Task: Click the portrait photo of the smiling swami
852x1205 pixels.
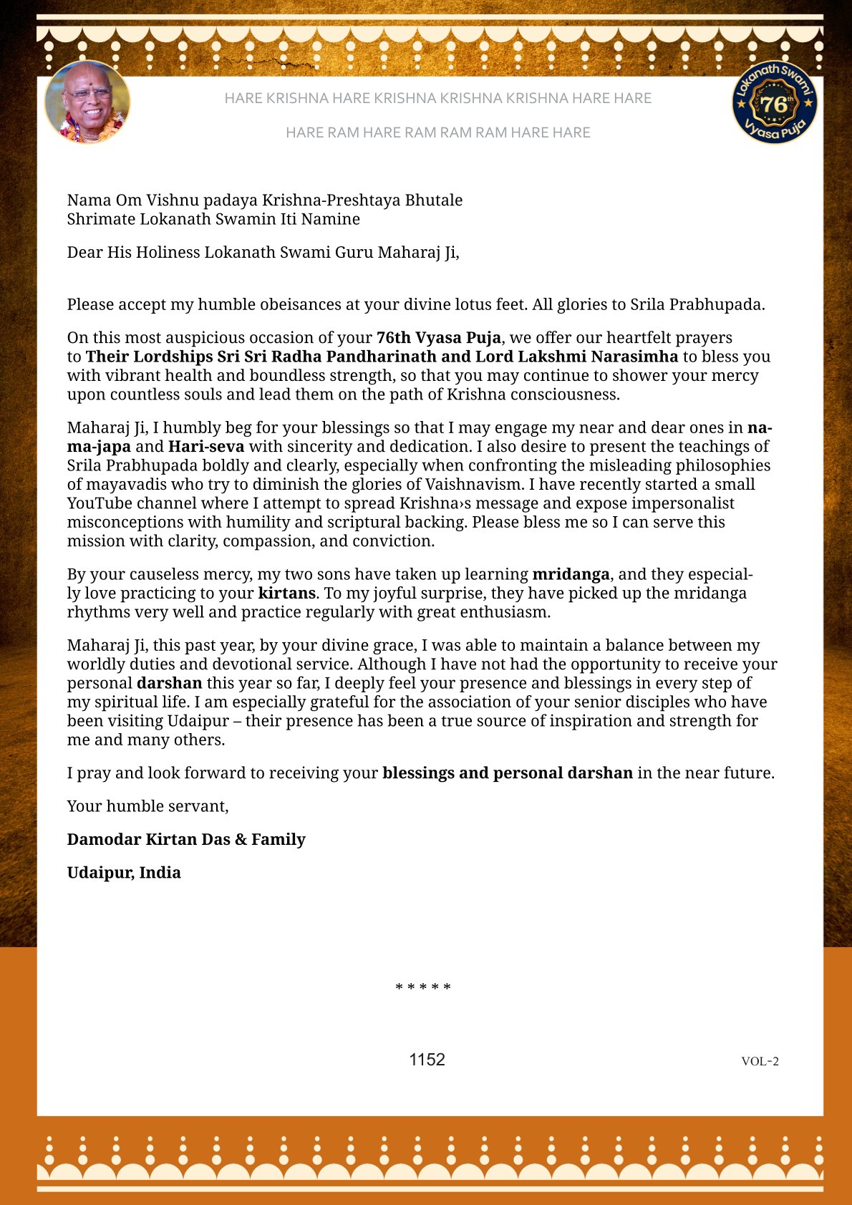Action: tap(87, 102)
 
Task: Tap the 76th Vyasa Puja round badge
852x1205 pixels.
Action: tap(774, 102)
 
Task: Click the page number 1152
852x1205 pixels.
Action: tap(427, 1060)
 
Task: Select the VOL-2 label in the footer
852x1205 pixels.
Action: tap(760, 1061)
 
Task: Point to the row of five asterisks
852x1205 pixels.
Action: tap(423, 988)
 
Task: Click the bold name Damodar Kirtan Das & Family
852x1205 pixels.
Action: tap(186, 839)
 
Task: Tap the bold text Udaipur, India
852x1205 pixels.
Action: tap(124, 872)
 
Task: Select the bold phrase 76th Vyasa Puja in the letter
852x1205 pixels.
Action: tap(439, 337)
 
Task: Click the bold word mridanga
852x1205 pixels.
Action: tap(571, 574)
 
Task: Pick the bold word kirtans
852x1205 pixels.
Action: tap(286, 593)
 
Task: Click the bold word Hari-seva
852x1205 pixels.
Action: tap(206, 447)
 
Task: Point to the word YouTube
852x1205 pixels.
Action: tap(100, 503)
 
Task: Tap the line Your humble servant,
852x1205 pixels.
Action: tap(147, 806)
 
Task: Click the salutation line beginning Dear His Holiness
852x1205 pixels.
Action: tap(263, 252)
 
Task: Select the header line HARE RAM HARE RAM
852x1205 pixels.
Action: tap(437, 132)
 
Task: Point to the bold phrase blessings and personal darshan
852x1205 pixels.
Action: tap(508, 773)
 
